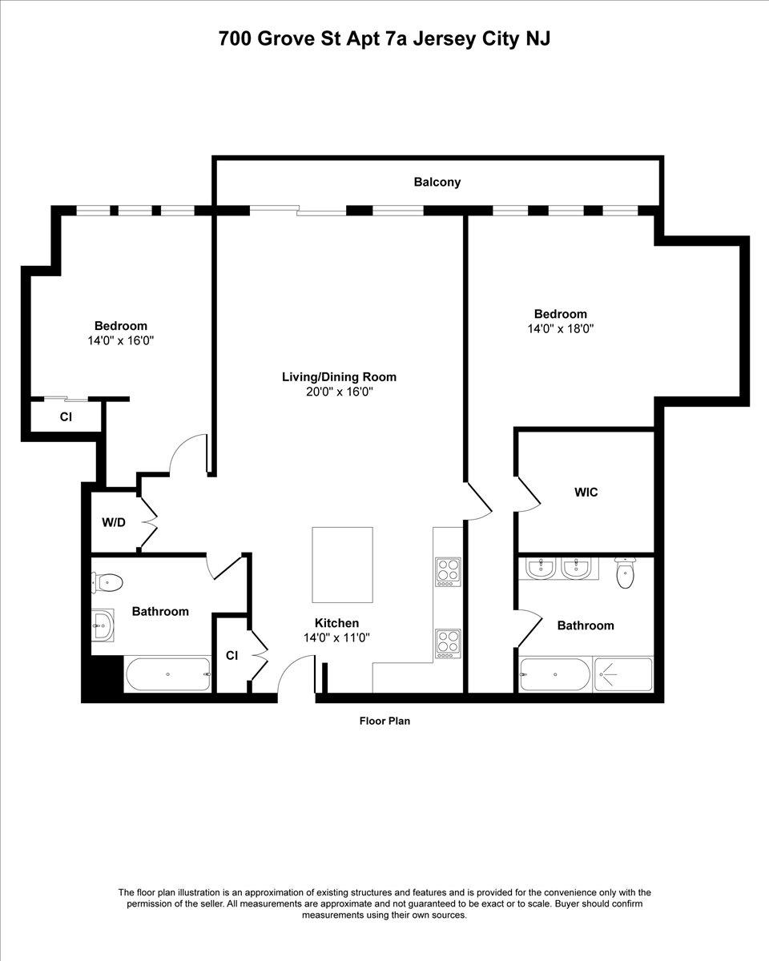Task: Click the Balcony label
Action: tap(437, 183)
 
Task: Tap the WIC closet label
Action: tap(586, 492)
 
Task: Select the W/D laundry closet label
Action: tap(114, 522)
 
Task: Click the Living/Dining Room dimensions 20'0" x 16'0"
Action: tap(340, 392)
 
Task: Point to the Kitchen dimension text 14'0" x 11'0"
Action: tap(336, 637)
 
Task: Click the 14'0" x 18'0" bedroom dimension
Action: tap(561, 328)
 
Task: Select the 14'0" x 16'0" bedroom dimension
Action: tap(121, 340)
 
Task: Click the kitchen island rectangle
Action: tap(342, 565)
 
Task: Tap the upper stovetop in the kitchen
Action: tap(448, 572)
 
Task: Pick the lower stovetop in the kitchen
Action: tap(448, 644)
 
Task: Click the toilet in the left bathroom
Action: tap(107, 583)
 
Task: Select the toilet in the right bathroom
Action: tap(625, 573)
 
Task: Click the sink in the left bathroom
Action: tap(103, 625)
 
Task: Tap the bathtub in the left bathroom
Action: tap(168, 674)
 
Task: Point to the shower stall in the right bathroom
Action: tap(623, 675)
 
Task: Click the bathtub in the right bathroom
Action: tap(555, 675)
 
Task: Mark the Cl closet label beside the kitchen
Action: tap(232, 655)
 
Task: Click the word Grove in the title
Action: tap(286, 39)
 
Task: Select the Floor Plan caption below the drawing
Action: tap(384, 721)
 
